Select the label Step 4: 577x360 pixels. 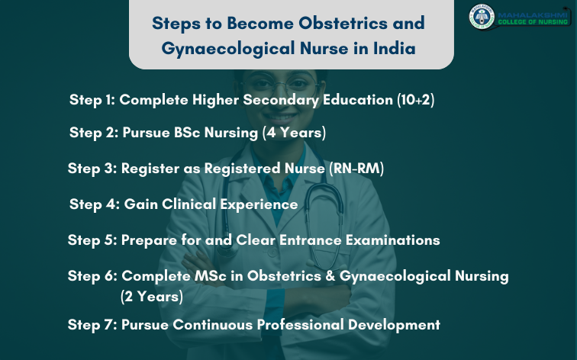click(x=93, y=204)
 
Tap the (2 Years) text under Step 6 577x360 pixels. click(x=152, y=295)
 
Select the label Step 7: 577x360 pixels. click(x=92, y=324)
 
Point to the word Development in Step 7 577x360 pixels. click(x=394, y=324)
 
